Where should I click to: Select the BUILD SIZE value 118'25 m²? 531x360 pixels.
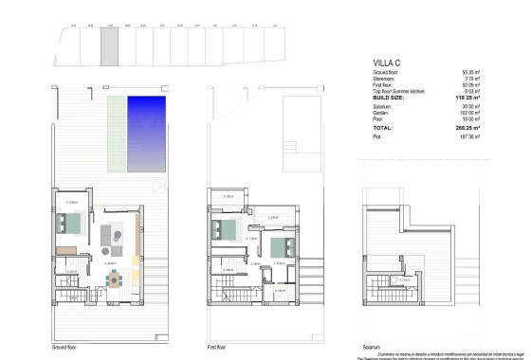point(467,97)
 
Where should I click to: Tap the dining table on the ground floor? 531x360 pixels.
point(116,279)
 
